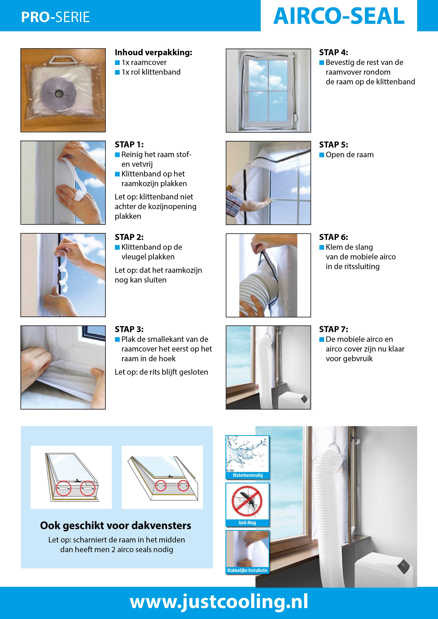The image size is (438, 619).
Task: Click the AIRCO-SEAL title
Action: tap(339, 16)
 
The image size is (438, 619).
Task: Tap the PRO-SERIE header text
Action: tap(55, 17)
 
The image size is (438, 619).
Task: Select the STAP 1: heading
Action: tap(129, 145)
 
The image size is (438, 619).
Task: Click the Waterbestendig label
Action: tap(247, 475)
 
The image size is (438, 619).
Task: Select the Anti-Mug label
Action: tap(247, 522)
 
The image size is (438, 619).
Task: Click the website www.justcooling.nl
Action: tap(219, 602)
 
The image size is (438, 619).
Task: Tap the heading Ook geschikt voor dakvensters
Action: tap(116, 525)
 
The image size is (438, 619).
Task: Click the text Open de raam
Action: tap(350, 155)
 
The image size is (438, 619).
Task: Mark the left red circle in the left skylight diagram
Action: tap(64, 488)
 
